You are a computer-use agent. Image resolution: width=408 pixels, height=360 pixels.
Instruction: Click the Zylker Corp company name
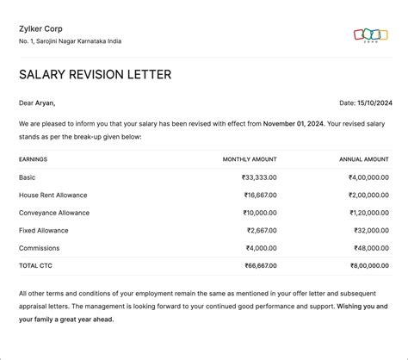(39, 29)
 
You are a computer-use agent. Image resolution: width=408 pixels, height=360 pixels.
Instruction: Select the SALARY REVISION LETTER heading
(95, 75)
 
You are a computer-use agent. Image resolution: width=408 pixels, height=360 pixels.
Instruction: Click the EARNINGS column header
(33, 159)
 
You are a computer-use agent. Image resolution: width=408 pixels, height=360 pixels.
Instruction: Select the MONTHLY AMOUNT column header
(250, 159)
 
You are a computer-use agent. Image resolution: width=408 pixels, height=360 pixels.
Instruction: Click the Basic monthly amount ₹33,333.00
(259, 177)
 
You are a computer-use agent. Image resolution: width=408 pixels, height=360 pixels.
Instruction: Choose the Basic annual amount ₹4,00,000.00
(368, 177)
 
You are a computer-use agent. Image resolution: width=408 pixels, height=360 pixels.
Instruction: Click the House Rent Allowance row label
(53, 196)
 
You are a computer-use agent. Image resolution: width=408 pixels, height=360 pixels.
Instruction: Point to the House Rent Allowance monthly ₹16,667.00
(259, 196)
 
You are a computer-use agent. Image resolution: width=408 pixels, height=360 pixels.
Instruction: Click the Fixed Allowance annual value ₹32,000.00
(371, 231)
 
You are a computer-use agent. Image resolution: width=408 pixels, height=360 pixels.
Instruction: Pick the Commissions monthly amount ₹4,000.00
(261, 248)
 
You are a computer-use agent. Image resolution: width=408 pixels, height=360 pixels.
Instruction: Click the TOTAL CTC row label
(35, 266)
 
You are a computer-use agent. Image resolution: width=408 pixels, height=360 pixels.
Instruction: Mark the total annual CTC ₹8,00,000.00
(368, 266)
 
